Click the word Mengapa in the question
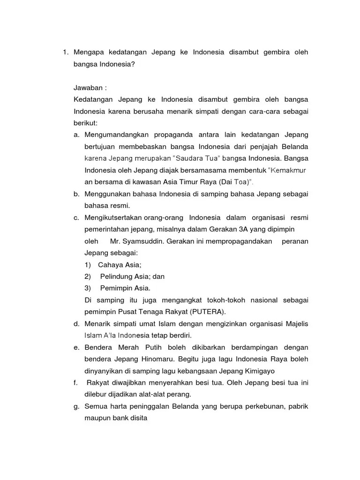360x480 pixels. (90, 52)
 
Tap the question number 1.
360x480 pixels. (65, 52)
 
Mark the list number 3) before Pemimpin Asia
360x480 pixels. (88, 288)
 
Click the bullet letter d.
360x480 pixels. (76, 324)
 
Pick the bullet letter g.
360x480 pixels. (76, 406)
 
